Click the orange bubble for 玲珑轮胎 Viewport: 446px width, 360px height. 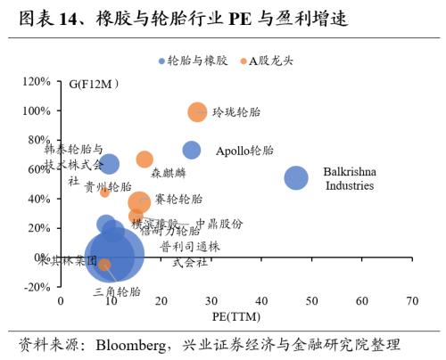(197, 112)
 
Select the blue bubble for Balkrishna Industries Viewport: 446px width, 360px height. (296, 177)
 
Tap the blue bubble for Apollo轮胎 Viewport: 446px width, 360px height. (192, 151)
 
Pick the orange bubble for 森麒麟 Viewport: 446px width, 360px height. (145, 160)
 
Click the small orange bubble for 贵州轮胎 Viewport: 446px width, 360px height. (105, 192)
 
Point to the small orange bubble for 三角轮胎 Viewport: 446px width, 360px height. (104, 265)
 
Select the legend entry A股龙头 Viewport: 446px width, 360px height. (266, 61)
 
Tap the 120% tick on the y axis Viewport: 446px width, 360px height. (37, 82)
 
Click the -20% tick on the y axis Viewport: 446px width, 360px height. (37, 286)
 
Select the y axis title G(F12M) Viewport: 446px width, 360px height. (100, 85)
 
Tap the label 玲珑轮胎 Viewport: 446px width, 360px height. (235, 113)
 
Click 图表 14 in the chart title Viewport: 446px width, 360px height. (53, 17)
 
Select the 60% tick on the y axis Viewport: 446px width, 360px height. (39, 169)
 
